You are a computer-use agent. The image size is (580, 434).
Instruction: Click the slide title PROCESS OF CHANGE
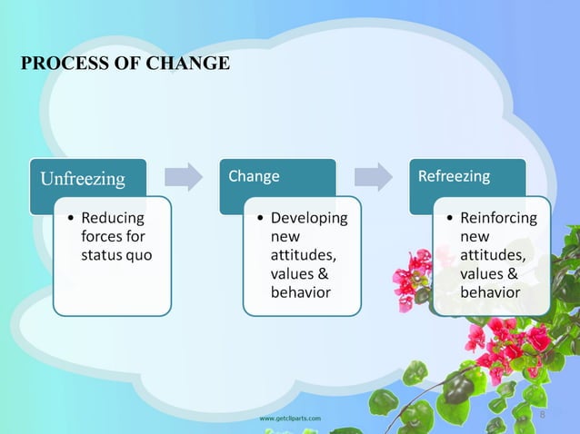(x=125, y=64)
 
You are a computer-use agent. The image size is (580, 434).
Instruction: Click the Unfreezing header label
(x=82, y=178)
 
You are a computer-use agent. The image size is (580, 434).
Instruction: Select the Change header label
(x=254, y=176)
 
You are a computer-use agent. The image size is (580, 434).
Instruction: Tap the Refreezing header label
(x=453, y=176)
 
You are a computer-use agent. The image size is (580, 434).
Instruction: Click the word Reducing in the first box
(x=112, y=219)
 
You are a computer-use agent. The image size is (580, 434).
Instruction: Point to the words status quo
(x=116, y=255)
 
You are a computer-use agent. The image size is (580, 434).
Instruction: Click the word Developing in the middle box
(x=309, y=219)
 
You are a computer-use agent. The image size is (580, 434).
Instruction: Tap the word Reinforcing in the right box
(x=498, y=219)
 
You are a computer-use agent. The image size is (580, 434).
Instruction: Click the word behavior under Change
(x=300, y=292)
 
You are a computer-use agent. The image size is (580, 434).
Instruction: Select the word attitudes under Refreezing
(x=492, y=255)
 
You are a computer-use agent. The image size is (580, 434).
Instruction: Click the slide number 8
(x=544, y=415)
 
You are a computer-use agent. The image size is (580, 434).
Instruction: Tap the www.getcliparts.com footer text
(x=290, y=418)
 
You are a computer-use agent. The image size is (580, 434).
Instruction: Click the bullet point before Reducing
(x=70, y=219)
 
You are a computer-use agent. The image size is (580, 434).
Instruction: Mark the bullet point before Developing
(x=260, y=219)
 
